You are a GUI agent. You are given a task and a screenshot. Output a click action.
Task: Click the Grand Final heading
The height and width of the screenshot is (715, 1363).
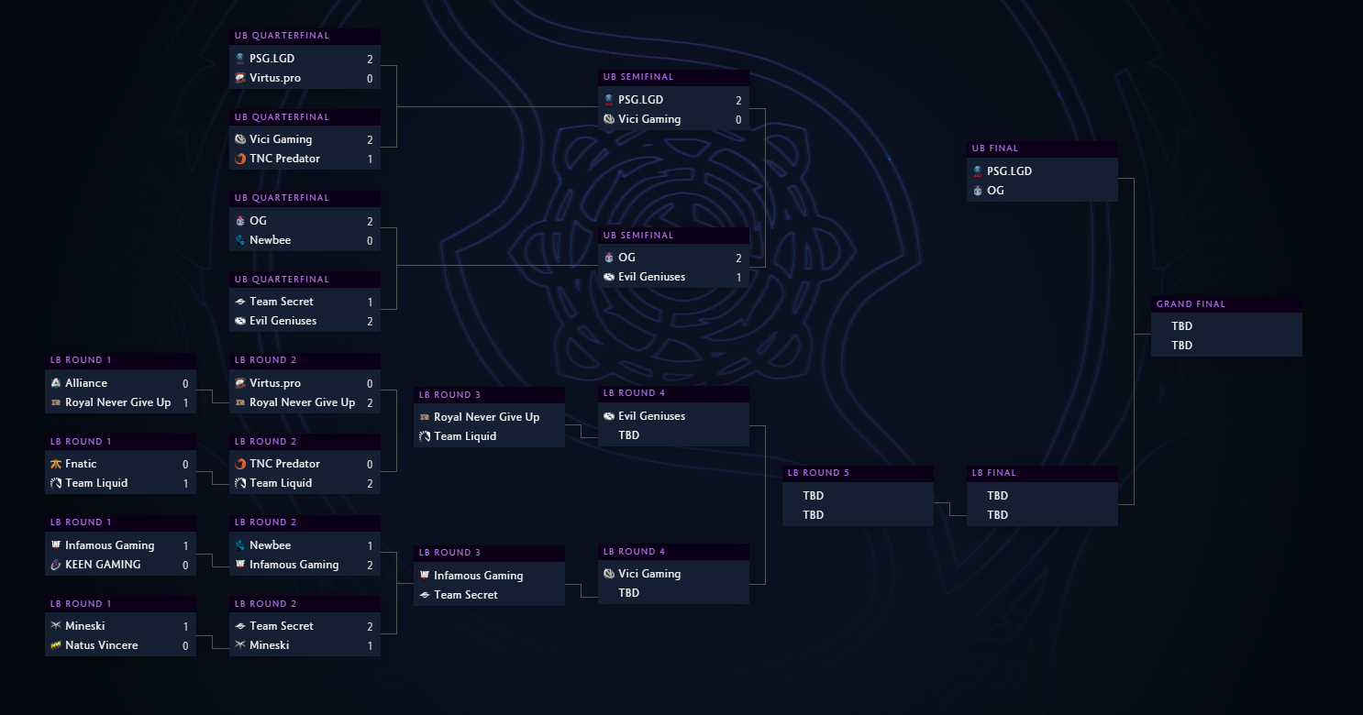coord(1191,304)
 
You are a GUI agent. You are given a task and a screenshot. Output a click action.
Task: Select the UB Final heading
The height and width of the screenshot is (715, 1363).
coord(995,148)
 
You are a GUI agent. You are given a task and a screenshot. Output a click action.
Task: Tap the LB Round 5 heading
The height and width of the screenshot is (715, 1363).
coord(818,473)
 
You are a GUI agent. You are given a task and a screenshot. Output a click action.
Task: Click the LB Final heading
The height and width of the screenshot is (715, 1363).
coord(993,473)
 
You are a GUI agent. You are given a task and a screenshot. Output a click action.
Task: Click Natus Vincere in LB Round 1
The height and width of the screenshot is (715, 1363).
coord(102,645)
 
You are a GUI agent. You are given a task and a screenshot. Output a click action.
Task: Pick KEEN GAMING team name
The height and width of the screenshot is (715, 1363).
coord(103,565)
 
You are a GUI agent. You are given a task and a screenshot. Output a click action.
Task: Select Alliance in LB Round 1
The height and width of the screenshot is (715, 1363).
coord(86,383)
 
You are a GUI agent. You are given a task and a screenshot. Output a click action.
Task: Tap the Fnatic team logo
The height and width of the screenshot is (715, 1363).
coord(56,464)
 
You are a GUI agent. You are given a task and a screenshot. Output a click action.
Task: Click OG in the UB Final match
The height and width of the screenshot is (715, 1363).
coord(995,191)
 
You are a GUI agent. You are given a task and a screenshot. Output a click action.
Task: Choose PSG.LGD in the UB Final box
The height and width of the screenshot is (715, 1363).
coord(1010,170)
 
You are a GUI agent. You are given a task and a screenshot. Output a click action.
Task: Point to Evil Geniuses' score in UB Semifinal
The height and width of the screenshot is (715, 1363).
coord(738,277)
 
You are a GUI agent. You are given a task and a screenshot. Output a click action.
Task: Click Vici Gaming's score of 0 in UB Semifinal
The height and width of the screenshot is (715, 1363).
coord(738,120)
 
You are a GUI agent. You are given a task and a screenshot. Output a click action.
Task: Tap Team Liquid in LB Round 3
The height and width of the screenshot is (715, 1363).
coord(465,436)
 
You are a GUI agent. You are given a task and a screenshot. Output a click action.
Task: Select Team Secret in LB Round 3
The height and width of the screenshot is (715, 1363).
coord(465,595)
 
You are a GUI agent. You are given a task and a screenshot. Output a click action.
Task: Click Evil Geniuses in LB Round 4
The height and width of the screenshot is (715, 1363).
coord(651,416)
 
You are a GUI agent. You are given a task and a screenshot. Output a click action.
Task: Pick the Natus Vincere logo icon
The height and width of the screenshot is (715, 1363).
coord(56,645)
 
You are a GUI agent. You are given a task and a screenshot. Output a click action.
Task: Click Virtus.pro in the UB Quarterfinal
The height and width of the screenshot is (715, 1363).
coord(275,78)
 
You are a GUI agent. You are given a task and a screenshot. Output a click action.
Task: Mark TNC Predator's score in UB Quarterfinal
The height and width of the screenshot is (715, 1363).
coord(370,159)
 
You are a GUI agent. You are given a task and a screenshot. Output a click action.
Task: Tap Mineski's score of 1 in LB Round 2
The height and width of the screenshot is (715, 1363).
coord(370,645)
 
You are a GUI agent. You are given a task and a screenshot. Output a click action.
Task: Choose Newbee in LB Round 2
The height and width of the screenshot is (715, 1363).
coord(271,545)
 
